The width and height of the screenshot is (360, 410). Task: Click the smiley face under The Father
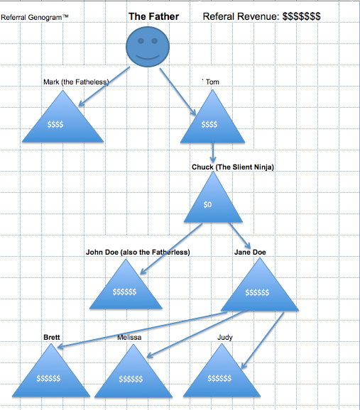coord(148,47)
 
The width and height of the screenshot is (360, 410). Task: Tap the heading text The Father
coord(153,16)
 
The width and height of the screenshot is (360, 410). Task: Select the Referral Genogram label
coord(35,18)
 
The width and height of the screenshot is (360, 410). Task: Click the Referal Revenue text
coord(261,16)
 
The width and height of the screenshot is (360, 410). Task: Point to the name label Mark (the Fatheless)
coord(76,82)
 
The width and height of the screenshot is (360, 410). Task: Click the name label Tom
coord(212,82)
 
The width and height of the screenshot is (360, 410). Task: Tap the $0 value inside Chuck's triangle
coord(207,204)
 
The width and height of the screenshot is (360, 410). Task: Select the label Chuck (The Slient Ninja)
coord(233,167)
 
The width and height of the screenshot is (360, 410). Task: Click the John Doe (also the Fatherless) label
coord(138,252)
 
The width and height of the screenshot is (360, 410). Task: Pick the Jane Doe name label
coord(250,252)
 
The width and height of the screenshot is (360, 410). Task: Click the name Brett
coord(52,338)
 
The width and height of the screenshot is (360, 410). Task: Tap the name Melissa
coord(129,338)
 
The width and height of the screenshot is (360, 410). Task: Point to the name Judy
coord(225,338)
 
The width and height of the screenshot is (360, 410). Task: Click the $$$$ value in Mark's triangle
coord(55,124)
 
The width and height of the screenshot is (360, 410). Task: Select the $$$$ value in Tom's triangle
coord(209,124)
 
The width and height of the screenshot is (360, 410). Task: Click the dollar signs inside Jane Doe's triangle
coord(257,292)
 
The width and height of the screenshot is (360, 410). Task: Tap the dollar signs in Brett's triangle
coord(48,378)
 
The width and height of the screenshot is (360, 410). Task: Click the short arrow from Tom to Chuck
coord(213,153)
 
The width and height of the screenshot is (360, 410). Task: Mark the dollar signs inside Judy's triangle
coord(219,378)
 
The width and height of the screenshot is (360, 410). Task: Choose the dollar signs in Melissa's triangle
coord(131,379)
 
